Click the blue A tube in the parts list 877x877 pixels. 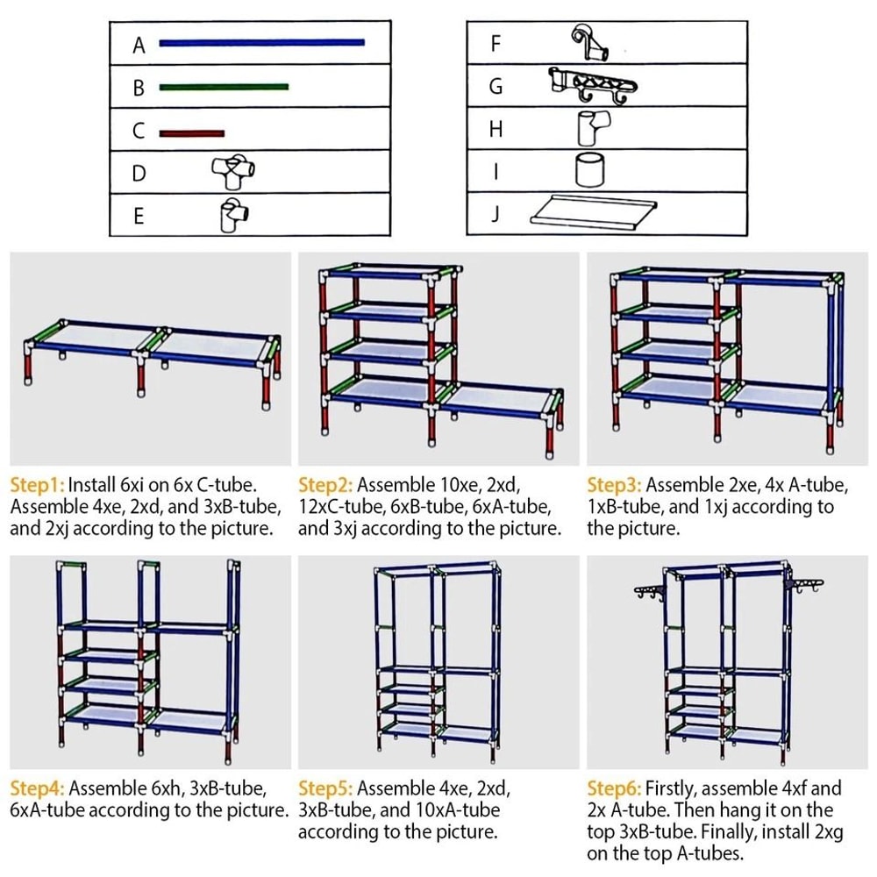261,41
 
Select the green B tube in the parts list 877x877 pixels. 224,86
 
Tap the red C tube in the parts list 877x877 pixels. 192,133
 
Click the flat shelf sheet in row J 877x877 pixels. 594,211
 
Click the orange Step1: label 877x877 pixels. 37,484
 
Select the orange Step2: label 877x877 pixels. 325,484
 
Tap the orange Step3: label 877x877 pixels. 614,484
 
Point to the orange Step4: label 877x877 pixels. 37,788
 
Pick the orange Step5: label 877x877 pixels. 325,788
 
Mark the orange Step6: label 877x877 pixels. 614,788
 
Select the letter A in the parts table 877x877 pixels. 139,46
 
